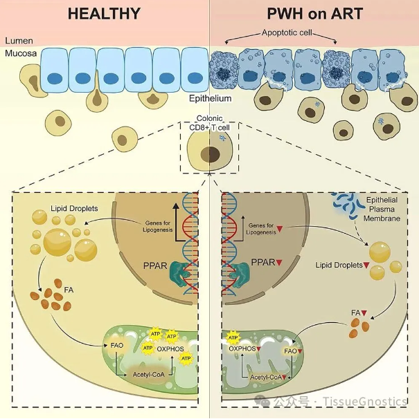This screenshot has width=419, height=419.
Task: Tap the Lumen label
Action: coord(19,41)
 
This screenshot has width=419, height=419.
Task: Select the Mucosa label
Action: coord(21,53)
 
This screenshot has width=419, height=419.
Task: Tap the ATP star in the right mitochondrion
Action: coord(233,338)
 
